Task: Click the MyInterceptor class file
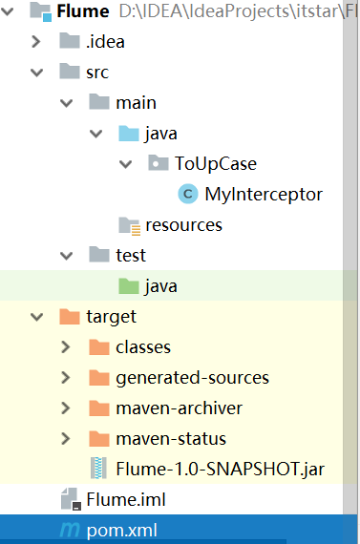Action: [x=264, y=195]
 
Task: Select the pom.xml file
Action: [x=121, y=530]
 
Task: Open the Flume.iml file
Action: [x=119, y=499]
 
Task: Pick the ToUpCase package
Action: [x=215, y=164]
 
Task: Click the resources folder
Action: [x=183, y=225]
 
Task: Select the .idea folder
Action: [x=105, y=41]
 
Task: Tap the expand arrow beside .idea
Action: [x=36, y=41]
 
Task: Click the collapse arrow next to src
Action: [x=36, y=73]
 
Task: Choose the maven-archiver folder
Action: [x=179, y=408]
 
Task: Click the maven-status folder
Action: [x=170, y=439]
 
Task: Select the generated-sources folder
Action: [x=192, y=378]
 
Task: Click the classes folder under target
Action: [x=142, y=346]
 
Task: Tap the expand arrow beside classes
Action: [x=66, y=346]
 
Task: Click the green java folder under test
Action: [x=160, y=285]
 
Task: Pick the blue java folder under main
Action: [x=160, y=134]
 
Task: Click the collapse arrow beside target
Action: [x=36, y=316]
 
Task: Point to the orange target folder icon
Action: [x=69, y=316]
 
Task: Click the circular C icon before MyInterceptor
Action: [x=188, y=195]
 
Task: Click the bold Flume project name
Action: [x=82, y=12]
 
